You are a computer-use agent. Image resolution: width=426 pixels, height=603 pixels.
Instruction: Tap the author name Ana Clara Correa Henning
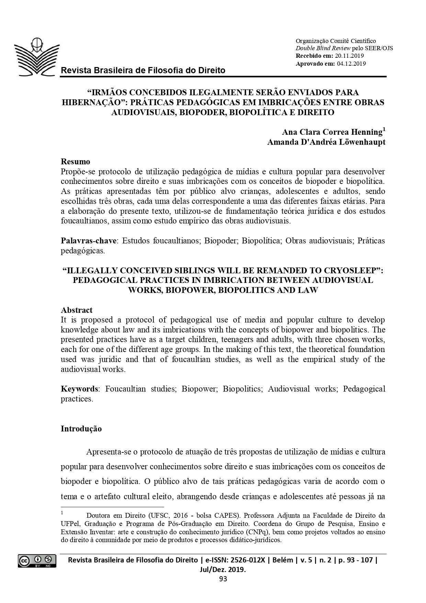pyautogui.click(x=332, y=132)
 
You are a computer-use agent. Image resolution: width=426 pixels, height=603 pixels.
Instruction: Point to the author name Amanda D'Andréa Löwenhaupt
pyautogui.click(x=326, y=142)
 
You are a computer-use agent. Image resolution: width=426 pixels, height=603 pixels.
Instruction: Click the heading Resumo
pyautogui.click(x=75, y=162)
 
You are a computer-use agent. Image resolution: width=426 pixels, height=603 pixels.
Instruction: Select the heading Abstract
pyautogui.click(x=77, y=310)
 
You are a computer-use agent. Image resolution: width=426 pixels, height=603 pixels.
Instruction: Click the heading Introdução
pyautogui.click(x=81, y=429)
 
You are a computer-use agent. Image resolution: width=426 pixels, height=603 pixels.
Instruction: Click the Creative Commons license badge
pyautogui.click(x=37, y=561)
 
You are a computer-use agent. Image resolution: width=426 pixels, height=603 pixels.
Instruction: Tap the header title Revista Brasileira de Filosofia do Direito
pyautogui.click(x=143, y=70)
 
